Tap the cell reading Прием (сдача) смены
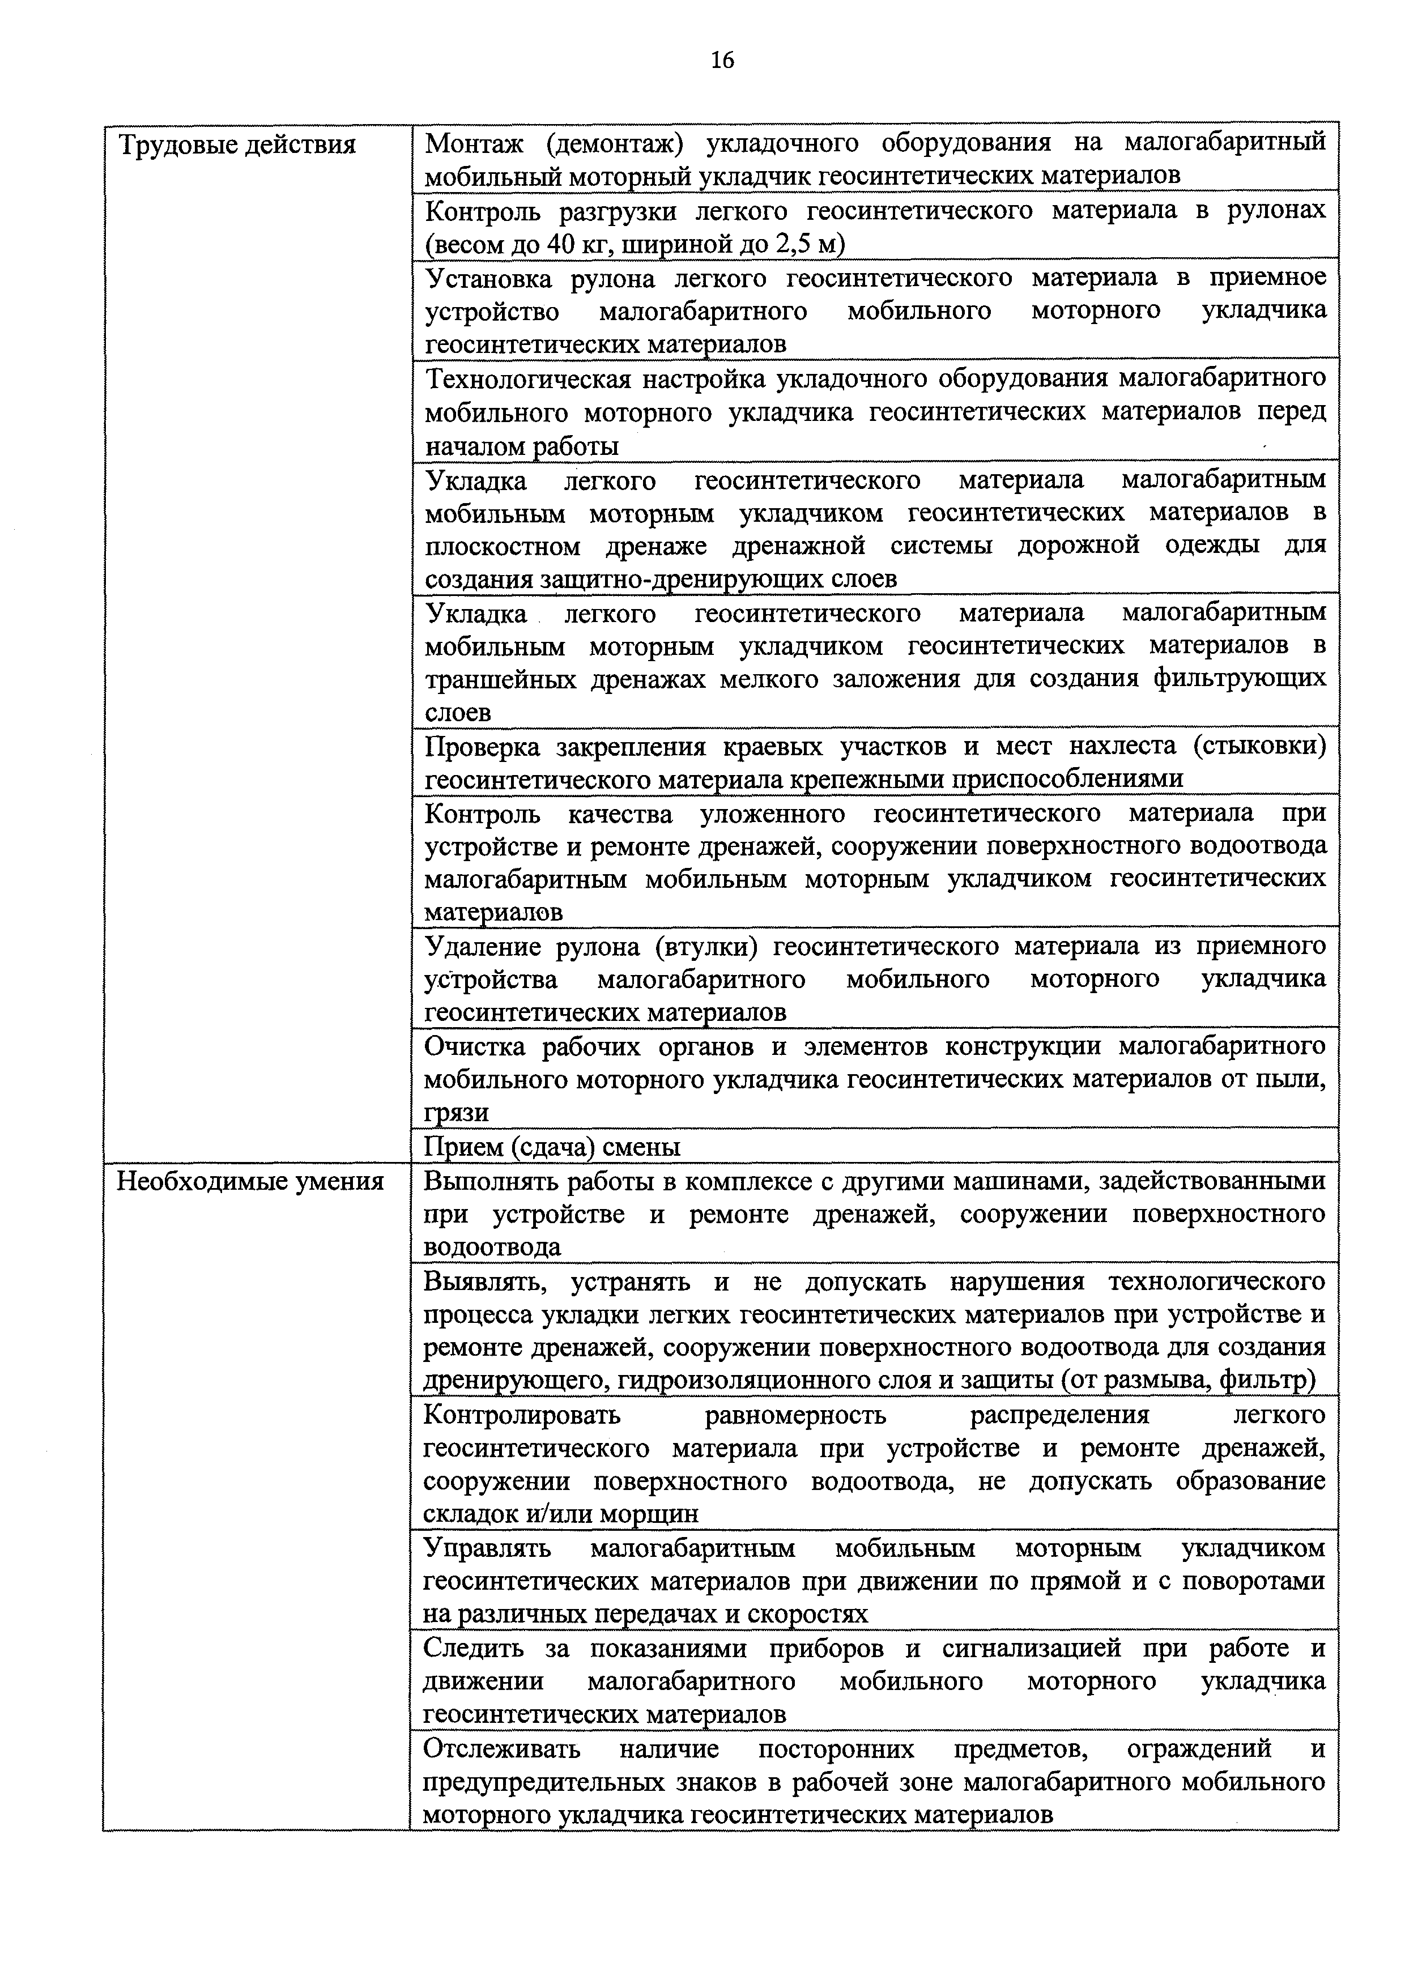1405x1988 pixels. coord(551,1147)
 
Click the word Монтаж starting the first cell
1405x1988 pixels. coord(474,143)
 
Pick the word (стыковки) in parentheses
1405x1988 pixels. coord(1259,746)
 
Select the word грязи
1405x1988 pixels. coord(455,1113)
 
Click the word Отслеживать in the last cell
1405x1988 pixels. coord(502,1748)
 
